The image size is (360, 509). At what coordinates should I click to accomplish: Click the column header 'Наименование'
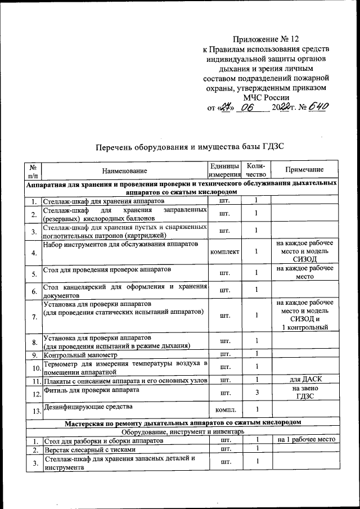pos(124,170)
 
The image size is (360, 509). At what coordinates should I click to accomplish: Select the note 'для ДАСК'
pos(304,381)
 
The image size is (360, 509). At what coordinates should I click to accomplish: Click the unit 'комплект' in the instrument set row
pos(224,251)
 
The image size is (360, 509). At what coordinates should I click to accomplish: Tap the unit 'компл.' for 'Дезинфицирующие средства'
pos(224,410)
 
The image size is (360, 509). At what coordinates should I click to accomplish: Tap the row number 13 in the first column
pos(34,411)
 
